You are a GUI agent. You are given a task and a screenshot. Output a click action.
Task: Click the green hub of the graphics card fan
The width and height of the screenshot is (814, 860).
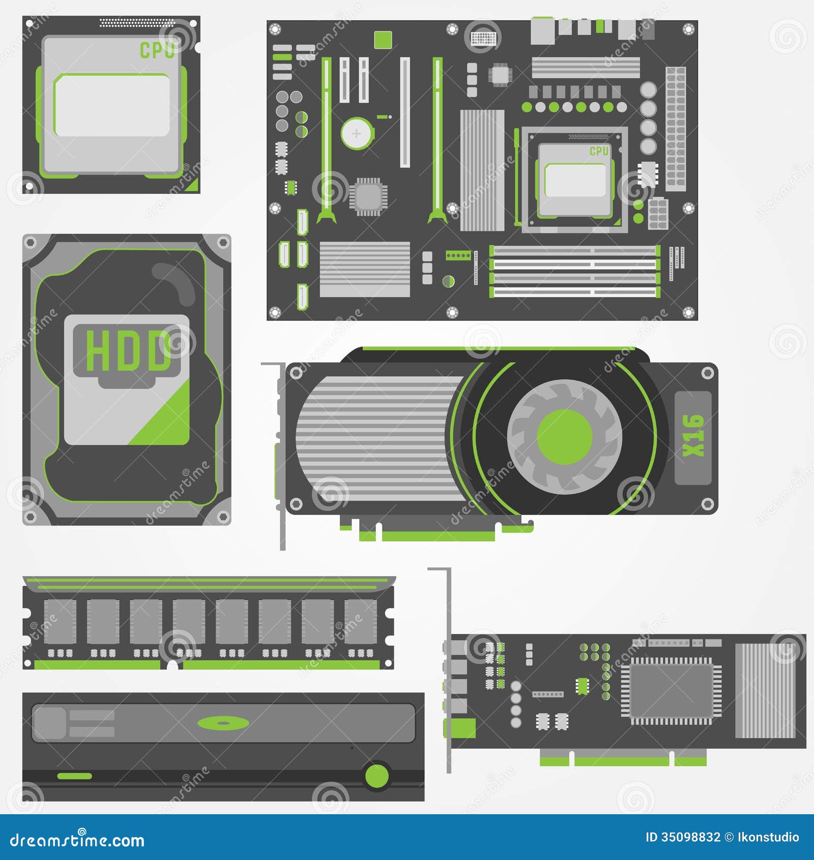[565, 437]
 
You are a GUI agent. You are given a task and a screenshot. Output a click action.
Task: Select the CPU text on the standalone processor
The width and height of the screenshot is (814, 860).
[157, 50]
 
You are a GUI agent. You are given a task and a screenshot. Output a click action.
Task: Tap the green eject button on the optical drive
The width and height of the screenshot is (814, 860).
[377, 776]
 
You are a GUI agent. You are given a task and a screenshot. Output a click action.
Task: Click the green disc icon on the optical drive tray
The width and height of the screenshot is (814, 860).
[223, 723]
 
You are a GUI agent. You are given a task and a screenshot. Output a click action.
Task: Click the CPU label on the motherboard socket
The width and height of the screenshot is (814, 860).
[599, 151]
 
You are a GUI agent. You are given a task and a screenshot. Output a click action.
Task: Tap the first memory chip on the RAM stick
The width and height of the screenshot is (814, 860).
[60, 621]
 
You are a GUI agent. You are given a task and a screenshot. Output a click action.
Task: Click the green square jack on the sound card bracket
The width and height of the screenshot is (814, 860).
[461, 728]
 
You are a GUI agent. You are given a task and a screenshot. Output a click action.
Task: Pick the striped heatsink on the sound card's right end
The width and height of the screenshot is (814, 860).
[765, 691]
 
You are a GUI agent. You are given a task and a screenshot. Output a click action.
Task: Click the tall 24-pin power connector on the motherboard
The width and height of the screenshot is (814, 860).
[676, 129]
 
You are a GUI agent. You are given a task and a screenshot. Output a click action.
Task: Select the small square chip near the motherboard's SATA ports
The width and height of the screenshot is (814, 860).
[368, 196]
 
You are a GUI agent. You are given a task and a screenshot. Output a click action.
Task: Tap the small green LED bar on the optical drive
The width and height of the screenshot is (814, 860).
[74, 776]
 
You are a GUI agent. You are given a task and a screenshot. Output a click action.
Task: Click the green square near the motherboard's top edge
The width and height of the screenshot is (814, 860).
[383, 40]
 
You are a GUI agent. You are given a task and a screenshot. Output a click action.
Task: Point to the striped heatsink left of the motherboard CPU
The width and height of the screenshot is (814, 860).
[482, 170]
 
